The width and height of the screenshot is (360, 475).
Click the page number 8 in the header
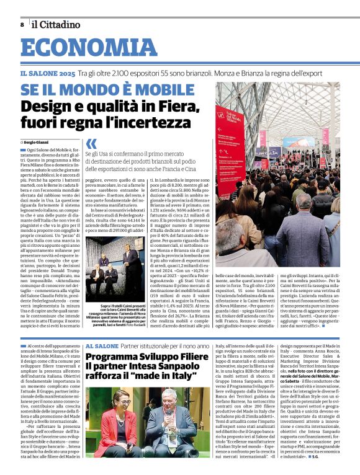pyautogui.click(x=22, y=25)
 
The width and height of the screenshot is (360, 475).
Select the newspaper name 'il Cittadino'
pyautogui.click(x=56, y=25)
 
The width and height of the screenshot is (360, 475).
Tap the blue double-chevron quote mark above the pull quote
pyautogui.click(x=91, y=144)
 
